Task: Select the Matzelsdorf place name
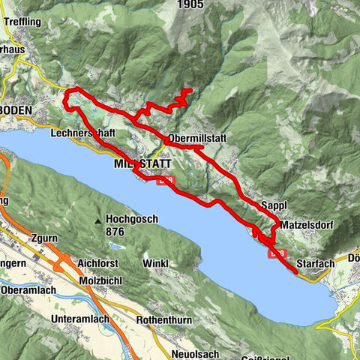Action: click(306, 224)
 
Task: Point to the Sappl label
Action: click(275, 205)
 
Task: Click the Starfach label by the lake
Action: click(315, 264)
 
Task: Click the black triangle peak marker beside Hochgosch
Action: click(98, 221)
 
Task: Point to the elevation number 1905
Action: click(191, 4)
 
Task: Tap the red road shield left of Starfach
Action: click(276, 254)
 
